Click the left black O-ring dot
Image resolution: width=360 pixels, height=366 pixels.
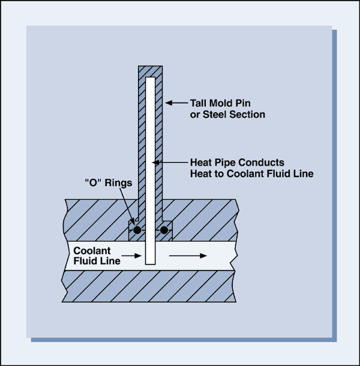137,230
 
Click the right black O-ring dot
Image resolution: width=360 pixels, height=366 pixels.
164,230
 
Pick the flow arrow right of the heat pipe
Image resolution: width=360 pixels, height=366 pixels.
188,256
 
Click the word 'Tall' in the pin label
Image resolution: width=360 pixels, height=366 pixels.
199,103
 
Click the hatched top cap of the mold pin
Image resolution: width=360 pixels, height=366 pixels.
150,70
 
